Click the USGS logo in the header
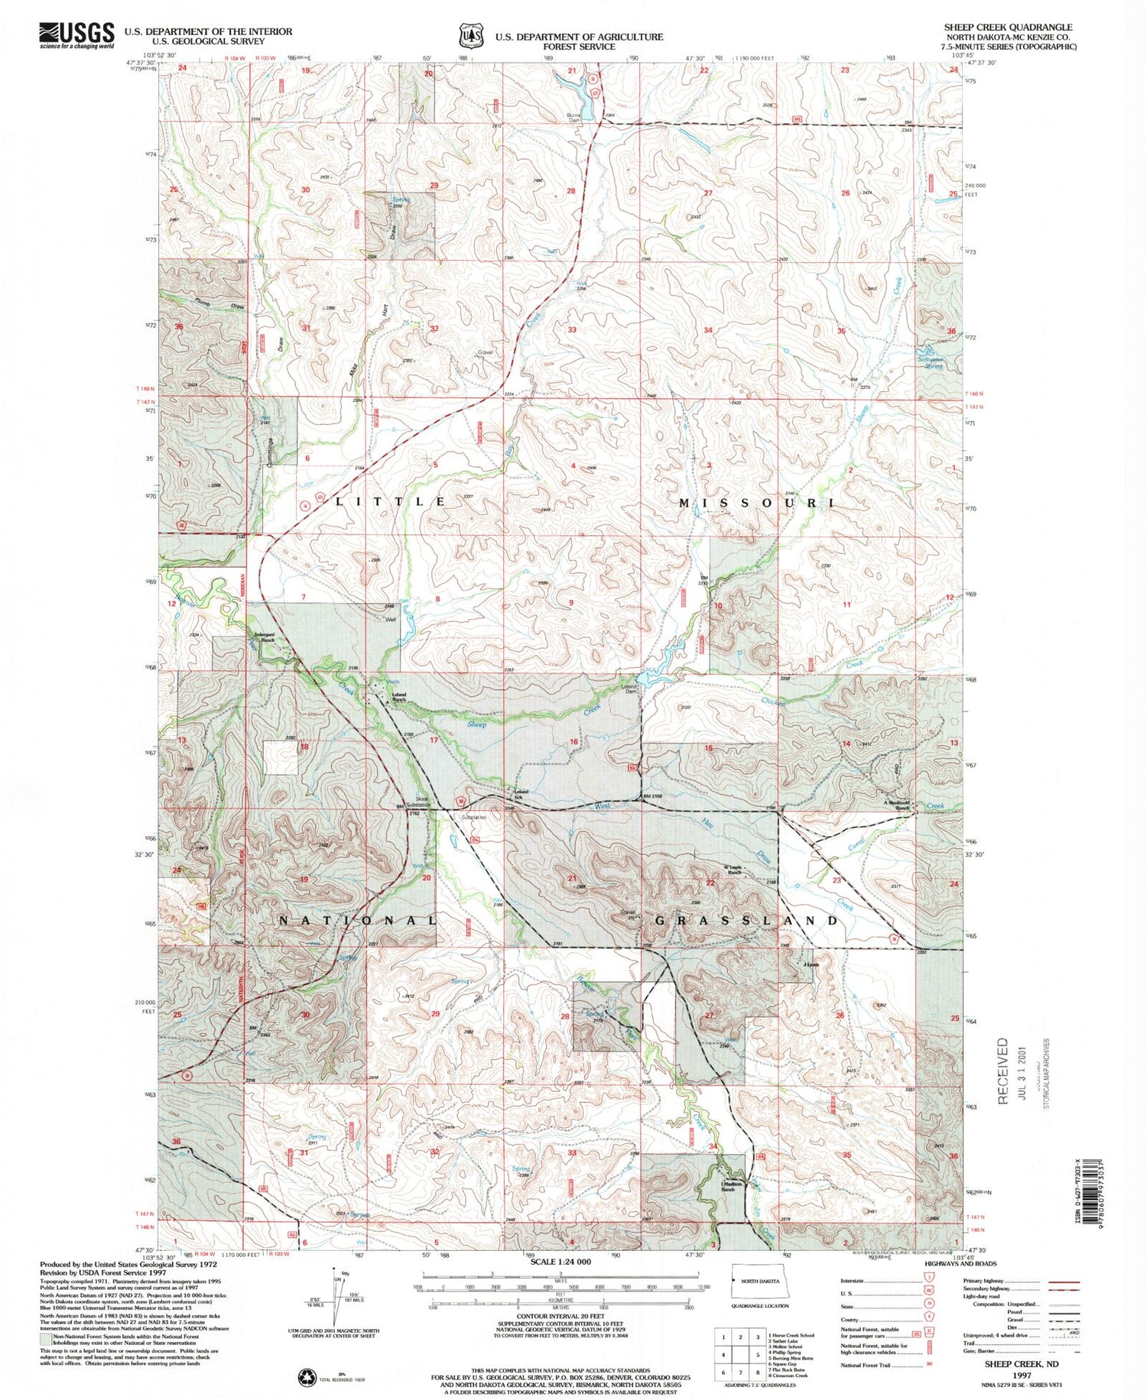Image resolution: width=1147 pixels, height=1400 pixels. click(76, 35)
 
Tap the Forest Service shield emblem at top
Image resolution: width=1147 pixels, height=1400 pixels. click(471, 36)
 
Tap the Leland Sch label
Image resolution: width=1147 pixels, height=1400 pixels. click(521, 794)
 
